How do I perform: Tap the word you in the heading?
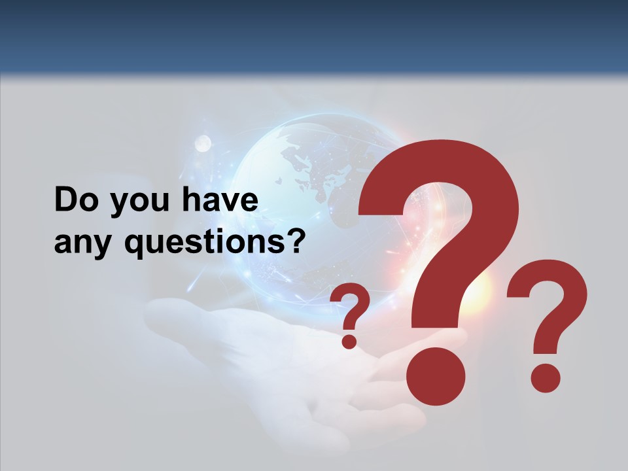click(133, 203)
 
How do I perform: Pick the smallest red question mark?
click(350, 307)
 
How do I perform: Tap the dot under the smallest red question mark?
click(349, 341)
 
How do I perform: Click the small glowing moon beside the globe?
click(203, 143)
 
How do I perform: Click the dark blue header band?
click(314, 33)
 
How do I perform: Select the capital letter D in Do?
click(65, 200)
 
